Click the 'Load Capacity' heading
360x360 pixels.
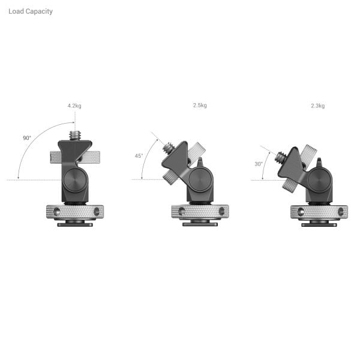coord(31,11)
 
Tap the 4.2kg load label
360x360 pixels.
coord(74,106)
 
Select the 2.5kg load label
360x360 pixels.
coord(200,106)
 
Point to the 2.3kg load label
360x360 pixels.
coord(318,106)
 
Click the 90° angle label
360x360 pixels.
coord(27,138)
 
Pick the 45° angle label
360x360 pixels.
coord(139,156)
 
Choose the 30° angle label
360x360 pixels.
coord(259,164)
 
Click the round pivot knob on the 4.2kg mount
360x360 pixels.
coord(75,178)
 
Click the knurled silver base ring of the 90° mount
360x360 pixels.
coord(75,212)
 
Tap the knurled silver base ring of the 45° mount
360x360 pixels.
coord(200,212)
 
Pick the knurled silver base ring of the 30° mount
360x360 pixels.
coord(319,212)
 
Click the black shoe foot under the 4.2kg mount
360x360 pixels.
coord(75,224)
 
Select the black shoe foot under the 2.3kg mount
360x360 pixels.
coord(319,224)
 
